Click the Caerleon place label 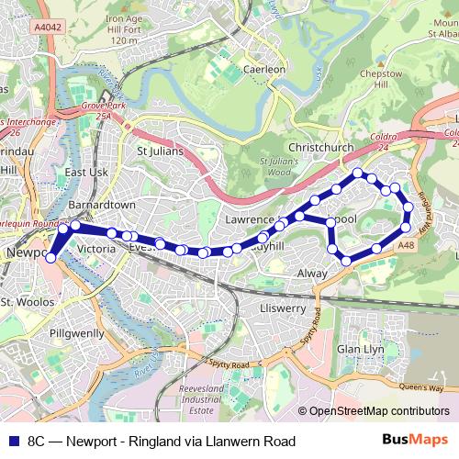(x=265, y=69)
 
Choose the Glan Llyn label (x=360, y=350)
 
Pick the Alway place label (x=313, y=274)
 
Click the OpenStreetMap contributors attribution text (x=379, y=411)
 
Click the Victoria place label (x=96, y=249)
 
